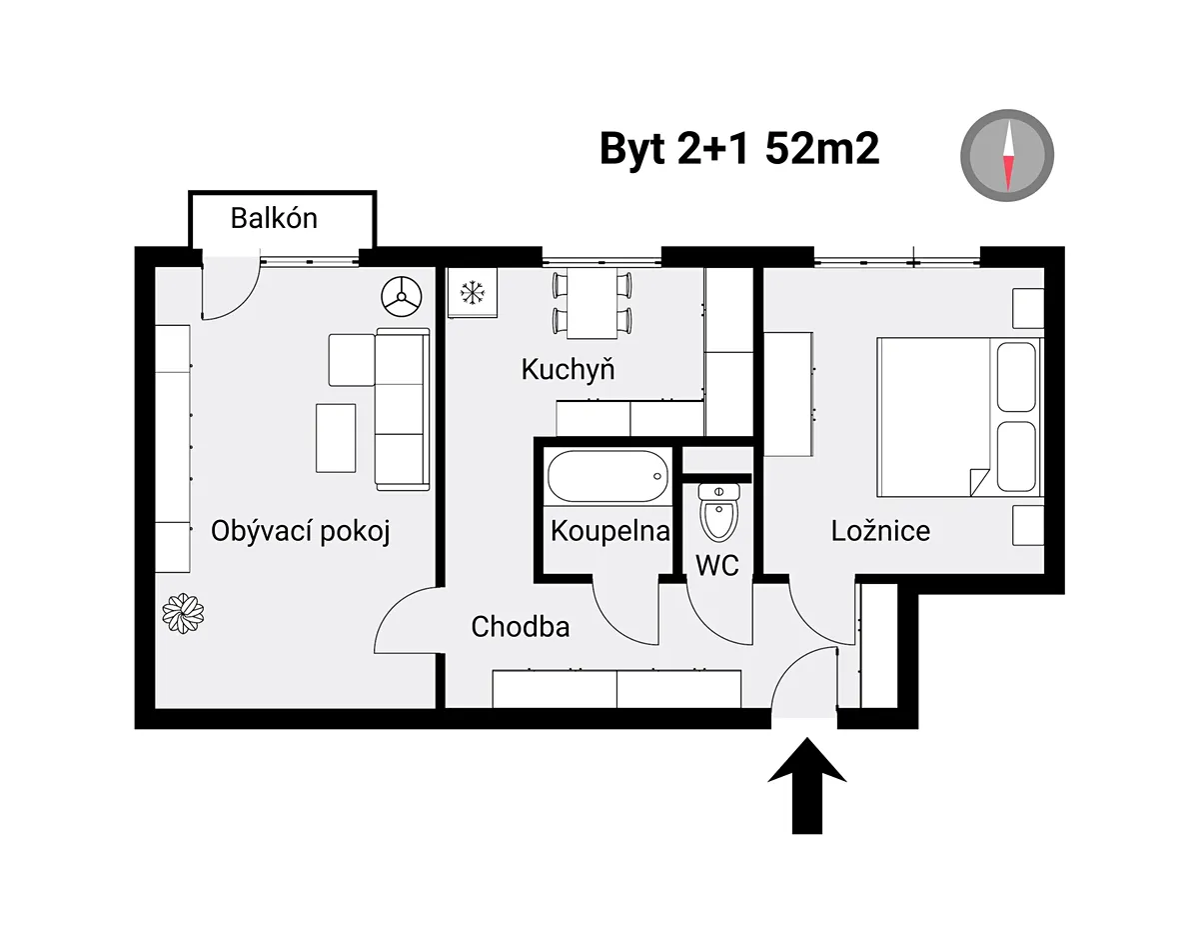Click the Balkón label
click(274, 218)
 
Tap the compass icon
click(1007, 155)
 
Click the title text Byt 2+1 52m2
click(739, 149)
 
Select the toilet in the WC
click(718, 513)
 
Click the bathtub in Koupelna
click(607, 476)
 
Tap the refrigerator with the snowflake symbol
click(473, 293)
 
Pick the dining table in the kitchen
click(593, 303)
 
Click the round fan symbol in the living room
click(401, 296)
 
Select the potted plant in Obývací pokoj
click(183, 613)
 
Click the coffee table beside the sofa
click(336, 438)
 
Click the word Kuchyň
click(568, 369)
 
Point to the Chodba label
click(521, 627)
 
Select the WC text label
click(717, 565)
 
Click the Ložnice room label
click(880, 531)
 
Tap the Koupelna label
click(610, 531)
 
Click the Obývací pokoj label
click(301, 532)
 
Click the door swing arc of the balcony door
click(244, 304)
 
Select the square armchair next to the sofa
click(352, 360)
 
